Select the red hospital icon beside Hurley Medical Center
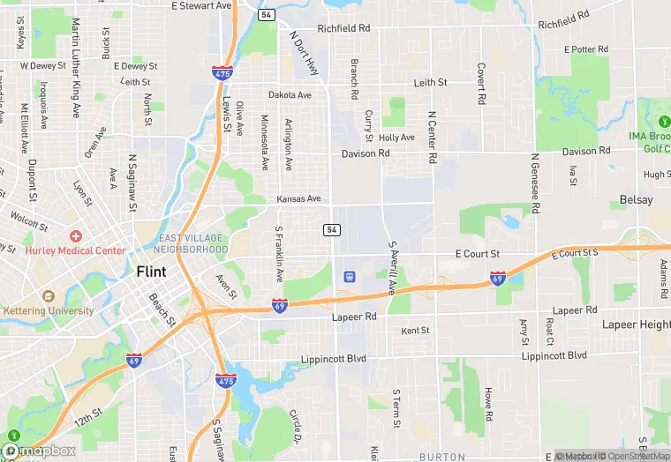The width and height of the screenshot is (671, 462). click(x=76, y=236)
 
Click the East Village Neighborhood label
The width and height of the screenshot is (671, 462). click(x=192, y=244)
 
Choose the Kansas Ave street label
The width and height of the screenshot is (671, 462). click(x=298, y=199)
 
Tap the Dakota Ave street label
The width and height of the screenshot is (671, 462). click(x=290, y=95)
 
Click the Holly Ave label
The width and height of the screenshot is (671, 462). click(x=396, y=138)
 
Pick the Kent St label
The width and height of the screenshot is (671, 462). click(x=415, y=331)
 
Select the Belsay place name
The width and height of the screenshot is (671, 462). click(x=636, y=200)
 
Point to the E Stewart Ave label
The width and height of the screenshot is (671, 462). click(x=202, y=5)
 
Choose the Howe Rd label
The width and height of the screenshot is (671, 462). click(x=488, y=404)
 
